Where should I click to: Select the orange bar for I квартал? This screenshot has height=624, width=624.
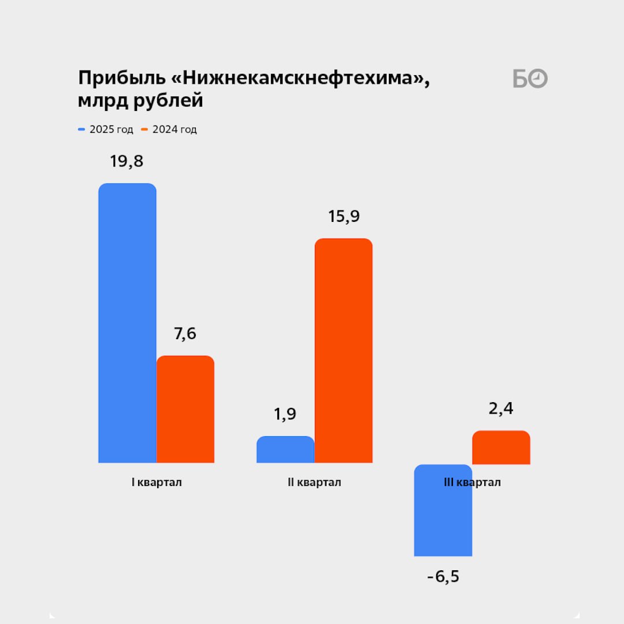(185, 409)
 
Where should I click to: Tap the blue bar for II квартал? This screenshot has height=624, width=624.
(285, 450)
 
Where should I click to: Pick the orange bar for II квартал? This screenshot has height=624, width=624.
(344, 350)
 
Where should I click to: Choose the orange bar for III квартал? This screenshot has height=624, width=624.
(501, 447)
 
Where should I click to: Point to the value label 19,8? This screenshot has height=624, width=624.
(127, 161)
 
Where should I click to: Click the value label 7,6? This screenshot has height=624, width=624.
(185, 333)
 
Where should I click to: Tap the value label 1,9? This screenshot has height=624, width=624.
(285, 414)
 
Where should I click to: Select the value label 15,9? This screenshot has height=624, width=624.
(344, 217)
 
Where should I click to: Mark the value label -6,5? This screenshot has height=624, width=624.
(443, 577)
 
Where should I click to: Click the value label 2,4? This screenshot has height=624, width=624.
(501, 409)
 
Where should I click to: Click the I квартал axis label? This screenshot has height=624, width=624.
(157, 482)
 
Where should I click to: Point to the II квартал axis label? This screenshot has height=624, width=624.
(314, 482)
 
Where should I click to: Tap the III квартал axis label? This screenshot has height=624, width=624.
(472, 482)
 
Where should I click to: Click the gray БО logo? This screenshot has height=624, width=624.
(530, 79)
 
